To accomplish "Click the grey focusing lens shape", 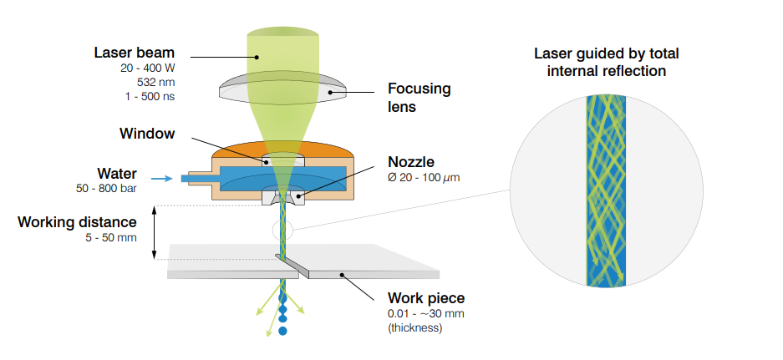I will tap(285, 91).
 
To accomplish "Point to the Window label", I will tap(148, 134).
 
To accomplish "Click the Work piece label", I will tap(425, 298).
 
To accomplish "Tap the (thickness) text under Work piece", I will tap(414, 327).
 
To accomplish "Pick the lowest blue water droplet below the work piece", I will tap(282, 332).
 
